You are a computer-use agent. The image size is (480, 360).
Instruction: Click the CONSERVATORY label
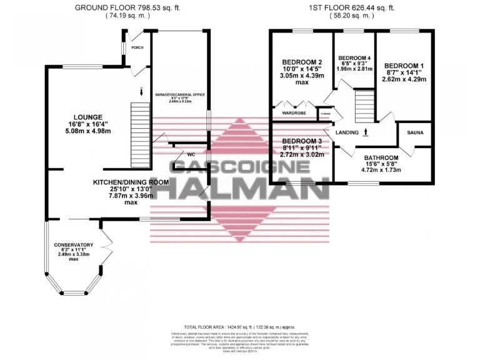(x=74, y=245)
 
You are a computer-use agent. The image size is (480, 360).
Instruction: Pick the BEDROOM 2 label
(x=302, y=62)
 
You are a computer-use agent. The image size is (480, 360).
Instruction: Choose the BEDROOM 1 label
(x=404, y=65)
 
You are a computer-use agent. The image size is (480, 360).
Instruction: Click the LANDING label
(x=347, y=132)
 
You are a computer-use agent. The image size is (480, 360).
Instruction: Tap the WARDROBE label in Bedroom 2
(x=294, y=113)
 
